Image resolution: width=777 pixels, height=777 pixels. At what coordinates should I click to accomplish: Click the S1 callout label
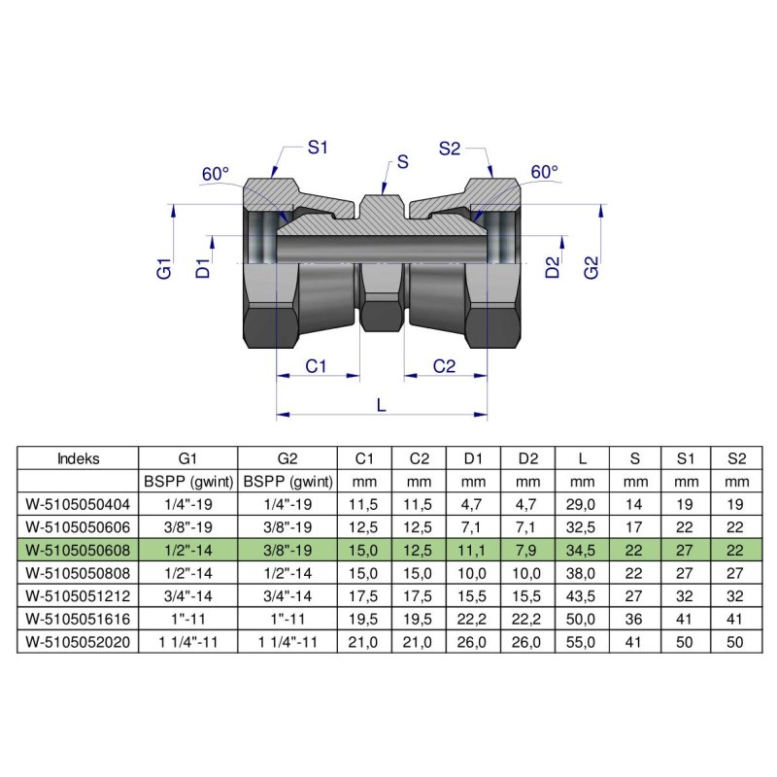click(319, 148)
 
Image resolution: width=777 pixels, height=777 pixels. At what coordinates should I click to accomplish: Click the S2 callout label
click(449, 148)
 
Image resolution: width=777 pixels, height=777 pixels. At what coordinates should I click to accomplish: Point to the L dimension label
click(381, 406)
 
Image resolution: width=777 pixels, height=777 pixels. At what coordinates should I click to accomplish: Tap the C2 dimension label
click(444, 366)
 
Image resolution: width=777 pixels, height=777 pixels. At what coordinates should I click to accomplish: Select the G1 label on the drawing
click(164, 268)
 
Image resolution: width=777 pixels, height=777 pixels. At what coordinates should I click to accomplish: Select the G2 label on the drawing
click(591, 268)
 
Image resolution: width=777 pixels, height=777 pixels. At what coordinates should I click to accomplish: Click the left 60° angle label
click(215, 174)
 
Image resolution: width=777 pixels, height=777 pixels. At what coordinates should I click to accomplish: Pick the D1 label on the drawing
click(203, 268)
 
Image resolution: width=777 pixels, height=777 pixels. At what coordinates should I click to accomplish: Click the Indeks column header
click(79, 457)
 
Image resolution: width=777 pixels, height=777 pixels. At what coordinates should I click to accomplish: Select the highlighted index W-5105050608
click(79, 551)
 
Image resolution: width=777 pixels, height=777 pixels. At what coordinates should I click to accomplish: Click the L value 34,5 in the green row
click(582, 551)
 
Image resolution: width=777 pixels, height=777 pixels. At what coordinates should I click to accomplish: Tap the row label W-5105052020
click(79, 642)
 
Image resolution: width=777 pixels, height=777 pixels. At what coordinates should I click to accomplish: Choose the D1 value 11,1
click(473, 551)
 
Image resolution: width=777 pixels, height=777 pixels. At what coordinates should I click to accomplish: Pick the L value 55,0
click(582, 642)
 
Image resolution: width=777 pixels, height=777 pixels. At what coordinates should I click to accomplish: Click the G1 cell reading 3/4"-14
click(188, 596)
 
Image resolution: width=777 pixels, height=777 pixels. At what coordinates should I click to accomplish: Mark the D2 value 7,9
click(527, 551)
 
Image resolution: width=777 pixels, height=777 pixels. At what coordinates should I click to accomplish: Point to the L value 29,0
click(582, 504)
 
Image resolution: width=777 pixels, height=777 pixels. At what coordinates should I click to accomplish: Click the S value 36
click(635, 620)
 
